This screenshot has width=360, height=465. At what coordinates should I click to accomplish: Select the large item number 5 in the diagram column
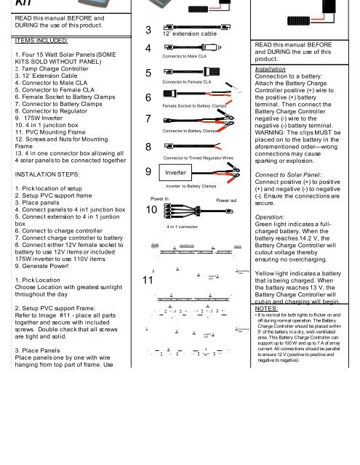[x=148, y=75]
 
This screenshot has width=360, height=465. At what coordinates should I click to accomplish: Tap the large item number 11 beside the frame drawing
[x=148, y=280]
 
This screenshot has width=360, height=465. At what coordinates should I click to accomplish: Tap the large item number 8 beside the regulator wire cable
[x=148, y=147]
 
